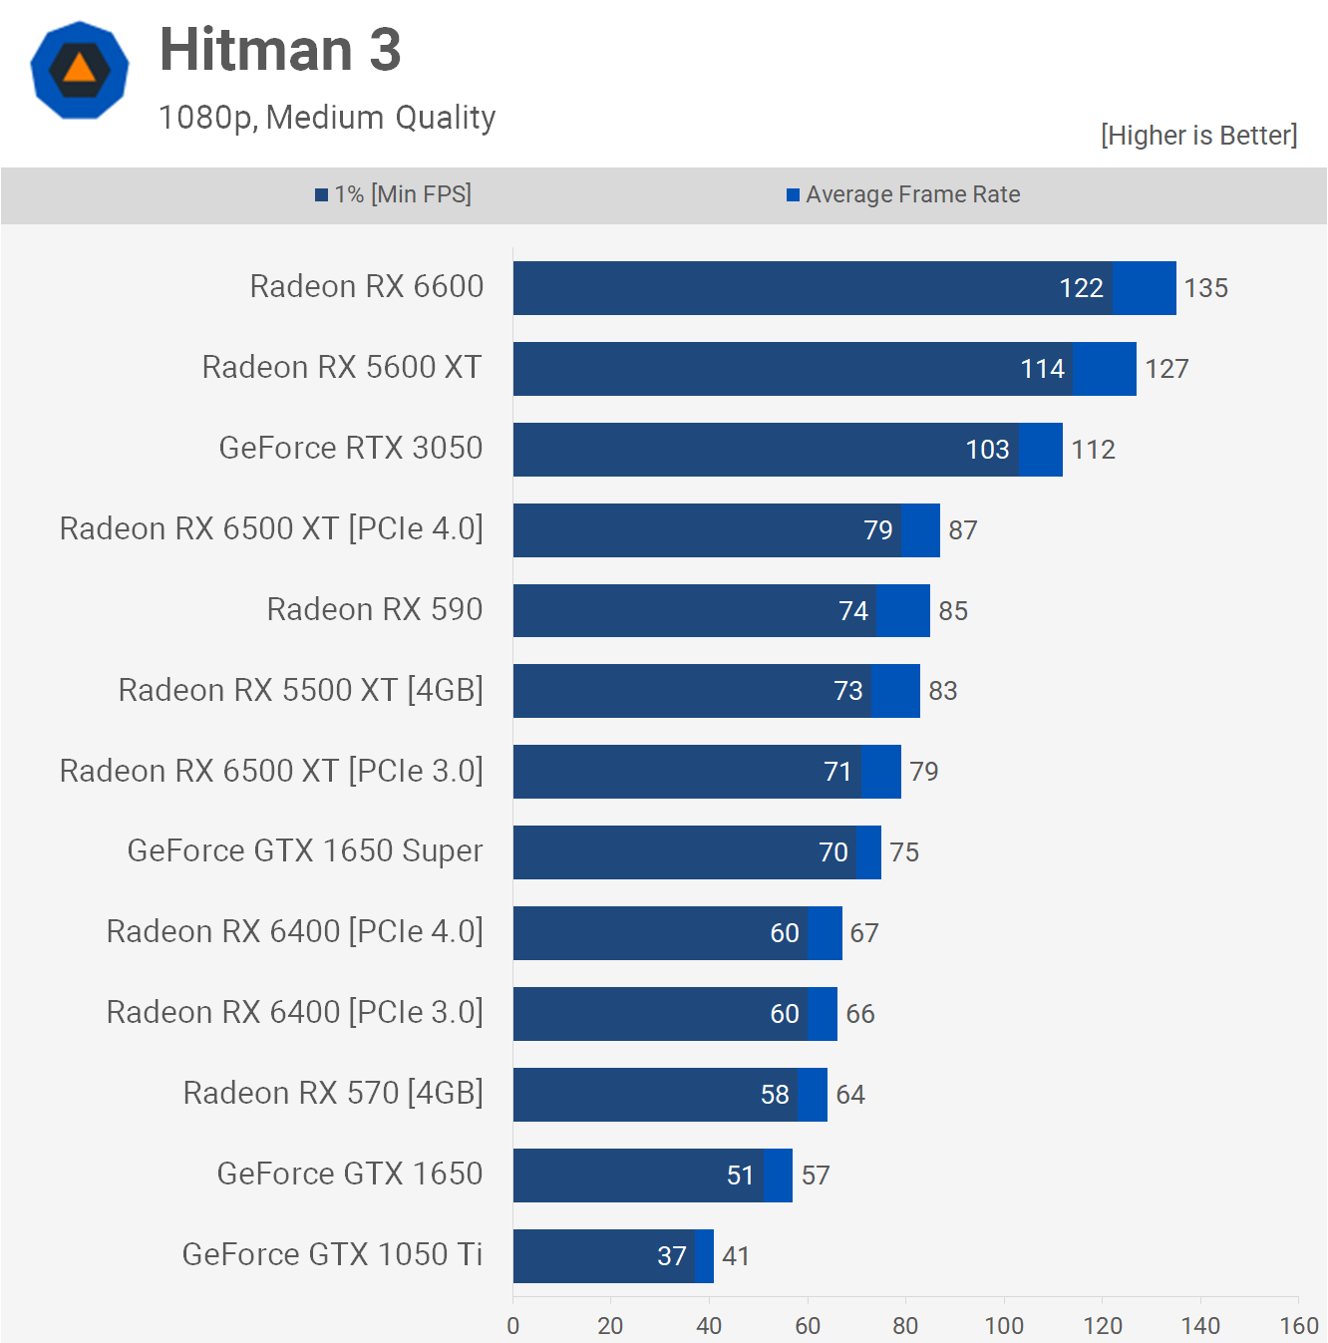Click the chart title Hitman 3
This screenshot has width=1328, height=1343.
click(x=280, y=50)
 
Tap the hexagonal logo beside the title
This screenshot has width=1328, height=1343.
click(x=80, y=70)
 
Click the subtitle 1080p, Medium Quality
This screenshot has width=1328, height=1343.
click(x=327, y=118)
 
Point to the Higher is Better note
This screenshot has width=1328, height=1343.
click(x=1198, y=136)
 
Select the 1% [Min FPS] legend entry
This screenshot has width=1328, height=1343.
click(x=394, y=194)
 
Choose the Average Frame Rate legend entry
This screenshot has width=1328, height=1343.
click(x=903, y=194)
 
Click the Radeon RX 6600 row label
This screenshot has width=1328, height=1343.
click(x=366, y=287)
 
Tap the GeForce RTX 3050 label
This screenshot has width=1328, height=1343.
click(x=350, y=449)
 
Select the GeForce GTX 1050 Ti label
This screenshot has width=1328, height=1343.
click(x=332, y=1254)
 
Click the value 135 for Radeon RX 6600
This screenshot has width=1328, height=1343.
click(x=1205, y=288)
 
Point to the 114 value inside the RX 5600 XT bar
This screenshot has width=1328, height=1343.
click(x=1043, y=369)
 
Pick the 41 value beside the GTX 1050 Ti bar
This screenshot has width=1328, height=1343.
click(x=736, y=1256)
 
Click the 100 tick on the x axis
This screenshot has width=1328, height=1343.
click(x=1004, y=1326)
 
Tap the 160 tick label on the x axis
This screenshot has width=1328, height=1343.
click(x=1299, y=1326)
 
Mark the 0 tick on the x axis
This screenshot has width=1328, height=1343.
click(x=513, y=1326)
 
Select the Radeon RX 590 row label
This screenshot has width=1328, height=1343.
click(x=374, y=609)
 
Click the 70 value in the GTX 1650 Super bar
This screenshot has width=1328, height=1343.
click(x=833, y=852)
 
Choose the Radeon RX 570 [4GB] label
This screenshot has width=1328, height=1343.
click(x=333, y=1094)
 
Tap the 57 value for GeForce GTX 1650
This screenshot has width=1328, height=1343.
click(x=816, y=1175)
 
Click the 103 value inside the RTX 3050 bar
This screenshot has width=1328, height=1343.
click(x=988, y=450)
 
